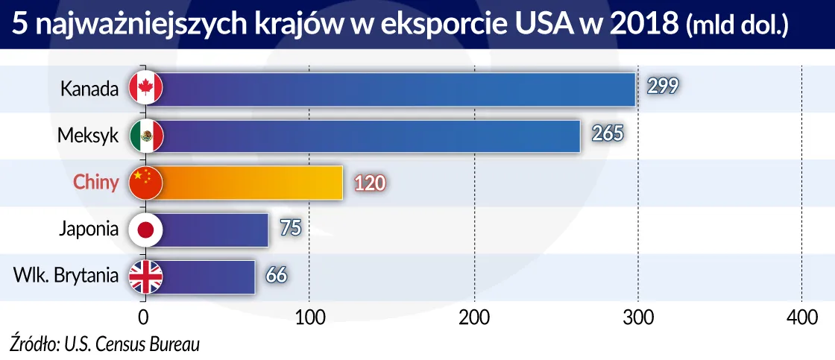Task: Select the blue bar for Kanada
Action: [x=395, y=90]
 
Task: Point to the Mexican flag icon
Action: [x=145, y=136]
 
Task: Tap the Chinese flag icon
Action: [x=145, y=183]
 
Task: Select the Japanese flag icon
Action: [x=145, y=230]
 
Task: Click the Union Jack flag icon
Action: [x=145, y=277]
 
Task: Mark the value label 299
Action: [x=662, y=86]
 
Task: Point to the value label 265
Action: [x=606, y=133]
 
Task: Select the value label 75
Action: [x=290, y=227]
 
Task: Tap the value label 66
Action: [x=276, y=274]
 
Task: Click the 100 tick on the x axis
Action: [x=308, y=318]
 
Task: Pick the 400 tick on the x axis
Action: [x=801, y=318]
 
